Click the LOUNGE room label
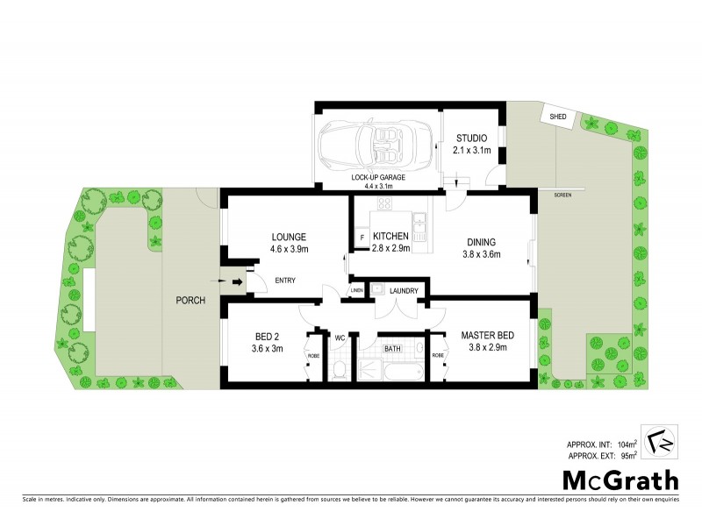[x=288, y=237]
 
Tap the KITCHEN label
[x=390, y=237]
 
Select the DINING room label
[x=482, y=243]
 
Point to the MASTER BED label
[x=486, y=336]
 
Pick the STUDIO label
[x=471, y=138]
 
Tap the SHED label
[x=557, y=117]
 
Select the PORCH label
[x=190, y=301]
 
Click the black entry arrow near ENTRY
[x=237, y=281]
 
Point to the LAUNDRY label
[x=405, y=291]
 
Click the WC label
[x=340, y=337]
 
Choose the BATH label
[x=392, y=349]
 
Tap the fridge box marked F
[x=362, y=238]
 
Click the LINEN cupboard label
[x=357, y=290]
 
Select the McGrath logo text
[x=620, y=480]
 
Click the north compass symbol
[x=659, y=440]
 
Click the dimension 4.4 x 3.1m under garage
[x=372, y=186]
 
